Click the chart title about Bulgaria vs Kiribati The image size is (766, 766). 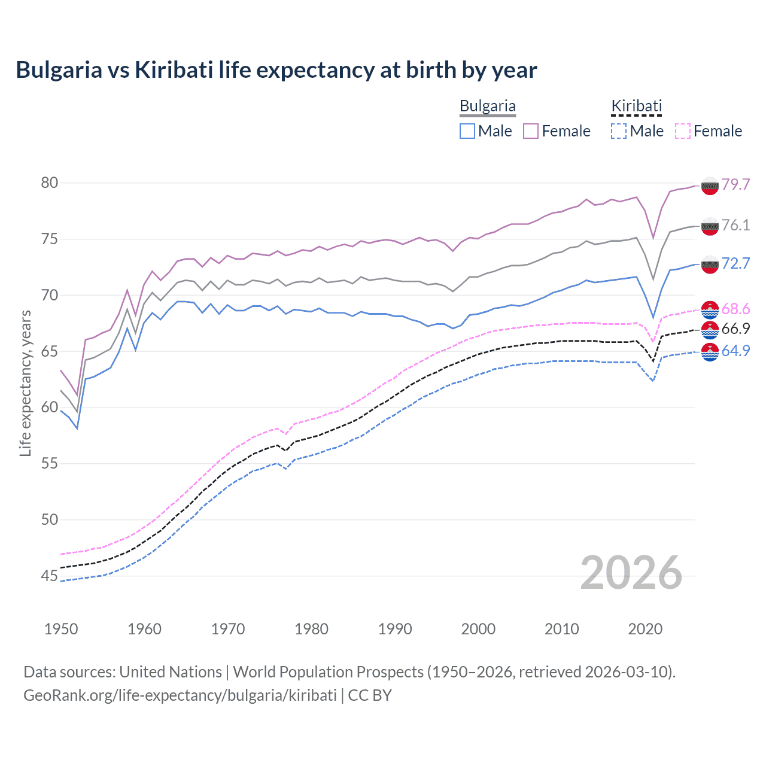276,70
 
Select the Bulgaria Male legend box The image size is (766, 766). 467,131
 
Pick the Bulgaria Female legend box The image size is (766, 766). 531,131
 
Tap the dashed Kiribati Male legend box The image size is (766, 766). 619,131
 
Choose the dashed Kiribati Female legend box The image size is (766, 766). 682,131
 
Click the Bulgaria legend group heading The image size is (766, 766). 487,107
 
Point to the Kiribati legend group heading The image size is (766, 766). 636,107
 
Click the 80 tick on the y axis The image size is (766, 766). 50,183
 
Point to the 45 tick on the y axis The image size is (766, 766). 50,576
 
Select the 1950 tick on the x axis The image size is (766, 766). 61,629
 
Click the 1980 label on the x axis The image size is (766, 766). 311,629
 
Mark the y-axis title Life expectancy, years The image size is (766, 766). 25,383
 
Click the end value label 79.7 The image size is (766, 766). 735,184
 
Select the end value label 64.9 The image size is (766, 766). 735,351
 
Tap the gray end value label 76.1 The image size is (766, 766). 735,225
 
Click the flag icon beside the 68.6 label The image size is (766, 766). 710,309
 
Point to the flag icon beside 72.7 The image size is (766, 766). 710,264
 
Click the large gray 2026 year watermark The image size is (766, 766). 631,573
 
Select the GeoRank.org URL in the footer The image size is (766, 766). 180,695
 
